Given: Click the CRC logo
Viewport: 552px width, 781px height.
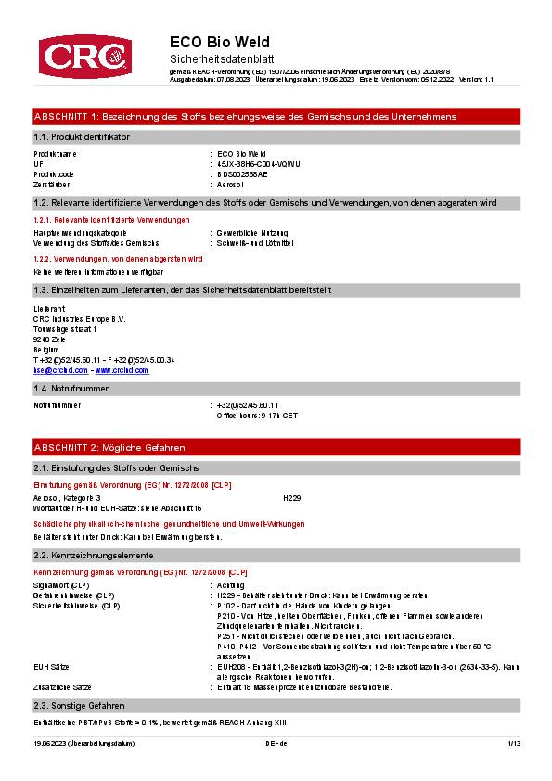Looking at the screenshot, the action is (x=83, y=57).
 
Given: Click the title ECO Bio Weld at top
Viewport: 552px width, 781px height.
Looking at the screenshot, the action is (x=220, y=43).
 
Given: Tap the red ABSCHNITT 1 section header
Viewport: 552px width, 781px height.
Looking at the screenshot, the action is (x=245, y=117).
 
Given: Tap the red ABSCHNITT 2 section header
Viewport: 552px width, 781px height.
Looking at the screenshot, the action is (x=109, y=447).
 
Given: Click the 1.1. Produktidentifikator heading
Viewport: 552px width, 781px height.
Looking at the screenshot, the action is (x=82, y=137).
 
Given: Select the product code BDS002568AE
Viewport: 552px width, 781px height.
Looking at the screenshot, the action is (x=242, y=173).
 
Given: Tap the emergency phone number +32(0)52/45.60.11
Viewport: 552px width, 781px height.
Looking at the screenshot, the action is (x=248, y=405).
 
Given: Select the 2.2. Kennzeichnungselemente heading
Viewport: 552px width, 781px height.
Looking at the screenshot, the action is (x=94, y=555).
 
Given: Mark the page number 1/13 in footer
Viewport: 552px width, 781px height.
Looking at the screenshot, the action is (x=514, y=743).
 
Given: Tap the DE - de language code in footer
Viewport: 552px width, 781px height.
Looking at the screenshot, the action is (x=276, y=743).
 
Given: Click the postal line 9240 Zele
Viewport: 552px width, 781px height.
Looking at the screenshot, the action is (x=49, y=339).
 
